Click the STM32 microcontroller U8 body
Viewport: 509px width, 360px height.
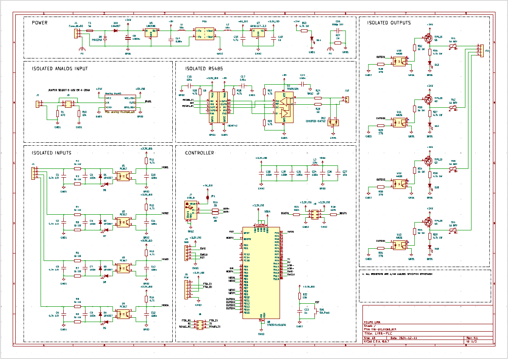261,273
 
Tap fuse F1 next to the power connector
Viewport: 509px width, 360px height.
90,31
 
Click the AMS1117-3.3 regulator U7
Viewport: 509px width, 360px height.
258,34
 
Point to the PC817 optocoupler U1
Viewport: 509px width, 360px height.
123,176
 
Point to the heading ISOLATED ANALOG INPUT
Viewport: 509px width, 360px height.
60,69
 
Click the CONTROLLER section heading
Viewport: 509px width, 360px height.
199,153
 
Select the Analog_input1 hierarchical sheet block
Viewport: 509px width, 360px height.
120,103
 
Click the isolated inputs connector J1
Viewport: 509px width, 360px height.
34,172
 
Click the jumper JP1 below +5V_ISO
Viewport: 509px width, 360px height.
207,197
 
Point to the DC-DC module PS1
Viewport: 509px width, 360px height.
204,34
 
